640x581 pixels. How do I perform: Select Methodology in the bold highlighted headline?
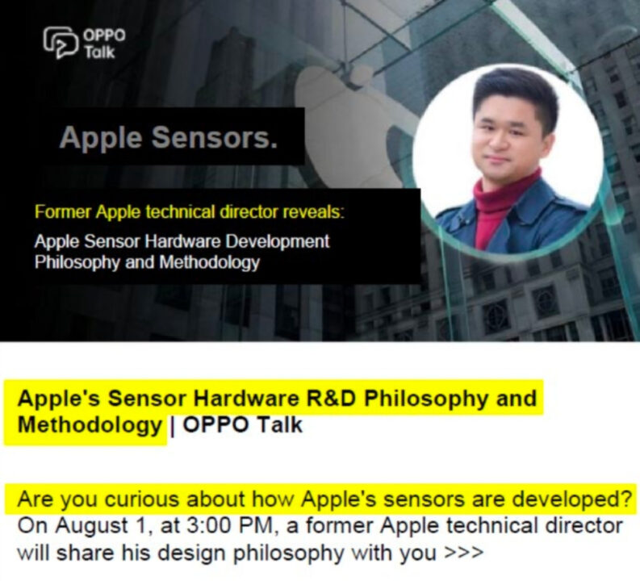[x=90, y=424]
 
